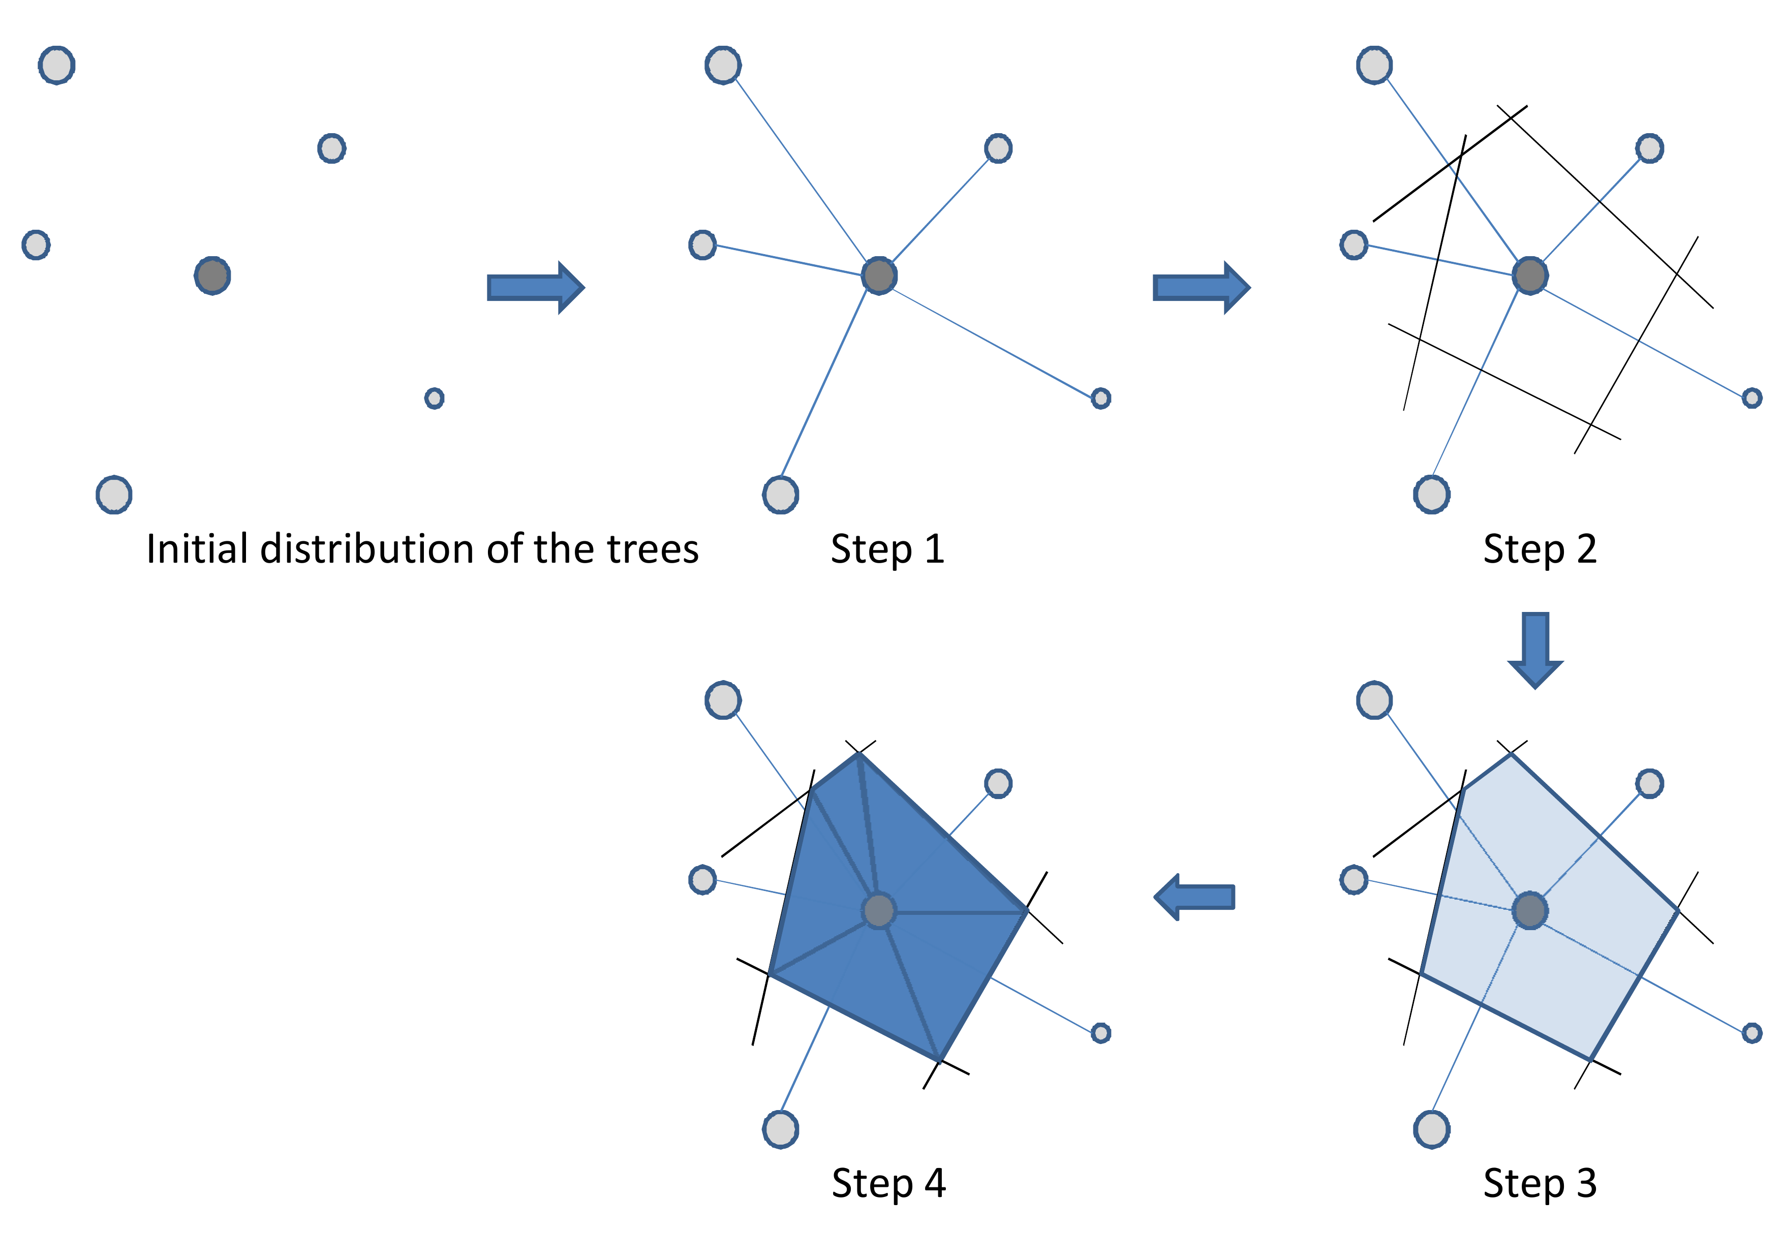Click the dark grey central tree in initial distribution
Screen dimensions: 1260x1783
coord(212,275)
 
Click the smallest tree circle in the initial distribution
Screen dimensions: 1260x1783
coord(434,398)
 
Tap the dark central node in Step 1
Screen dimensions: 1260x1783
coord(879,275)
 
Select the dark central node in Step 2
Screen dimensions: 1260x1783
coord(1530,275)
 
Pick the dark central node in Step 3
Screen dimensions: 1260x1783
coord(1530,911)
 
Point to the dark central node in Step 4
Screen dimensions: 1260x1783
coord(879,911)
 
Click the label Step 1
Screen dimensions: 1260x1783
coord(887,549)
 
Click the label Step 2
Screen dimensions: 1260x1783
coord(1539,549)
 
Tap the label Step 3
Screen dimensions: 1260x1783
coord(1539,1183)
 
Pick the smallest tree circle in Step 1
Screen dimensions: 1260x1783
coord(1100,398)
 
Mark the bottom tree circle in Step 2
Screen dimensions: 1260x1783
coord(1431,495)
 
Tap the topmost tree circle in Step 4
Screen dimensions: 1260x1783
coord(723,700)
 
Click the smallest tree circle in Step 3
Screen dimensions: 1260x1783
coord(1751,1032)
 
